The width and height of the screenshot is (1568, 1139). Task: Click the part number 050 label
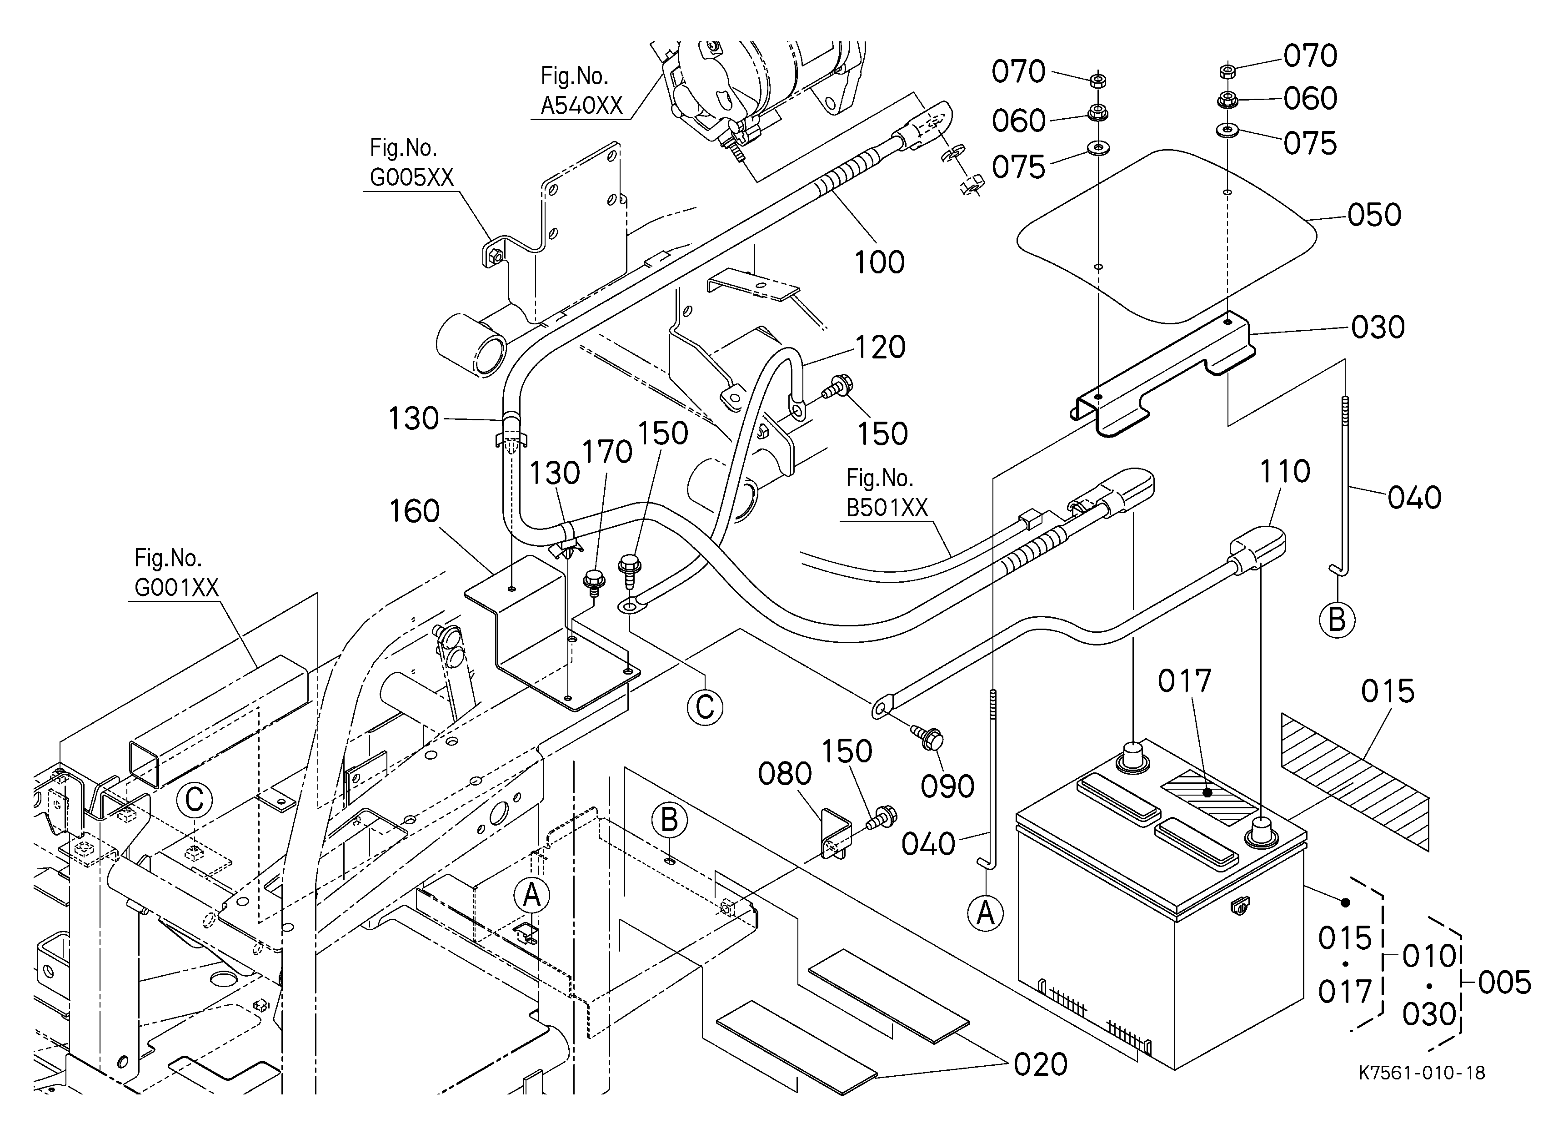pyautogui.click(x=1374, y=215)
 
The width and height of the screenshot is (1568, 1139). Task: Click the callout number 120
pyautogui.click(x=880, y=347)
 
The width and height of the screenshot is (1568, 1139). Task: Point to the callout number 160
pyautogui.click(x=414, y=512)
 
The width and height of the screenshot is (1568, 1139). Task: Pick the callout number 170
pyautogui.click(x=607, y=452)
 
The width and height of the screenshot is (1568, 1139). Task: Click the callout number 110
pyautogui.click(x=1285, y=472)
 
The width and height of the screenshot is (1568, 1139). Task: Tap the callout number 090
pyautogui.click(x=948, y=786)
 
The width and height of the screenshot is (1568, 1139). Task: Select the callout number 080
pyautogui.click(x=785, y=774)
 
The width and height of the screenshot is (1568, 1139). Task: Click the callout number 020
pyautogui.click(x=1041, y=1065)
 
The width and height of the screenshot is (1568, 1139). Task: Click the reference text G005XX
pyautogui.click(x=411, y=178)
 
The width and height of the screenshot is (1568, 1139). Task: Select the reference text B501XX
pyautogui.click(x=887, y=508)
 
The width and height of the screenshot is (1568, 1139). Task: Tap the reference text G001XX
pyautogui.click(x=176, y=588)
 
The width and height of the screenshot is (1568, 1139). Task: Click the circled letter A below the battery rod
pyautogui.click(x=985, y=914)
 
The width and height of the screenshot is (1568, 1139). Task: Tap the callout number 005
pyautogui.click(x=1504, y=983)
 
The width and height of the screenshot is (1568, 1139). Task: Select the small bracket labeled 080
pyautogui.click(x=835, y=834)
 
